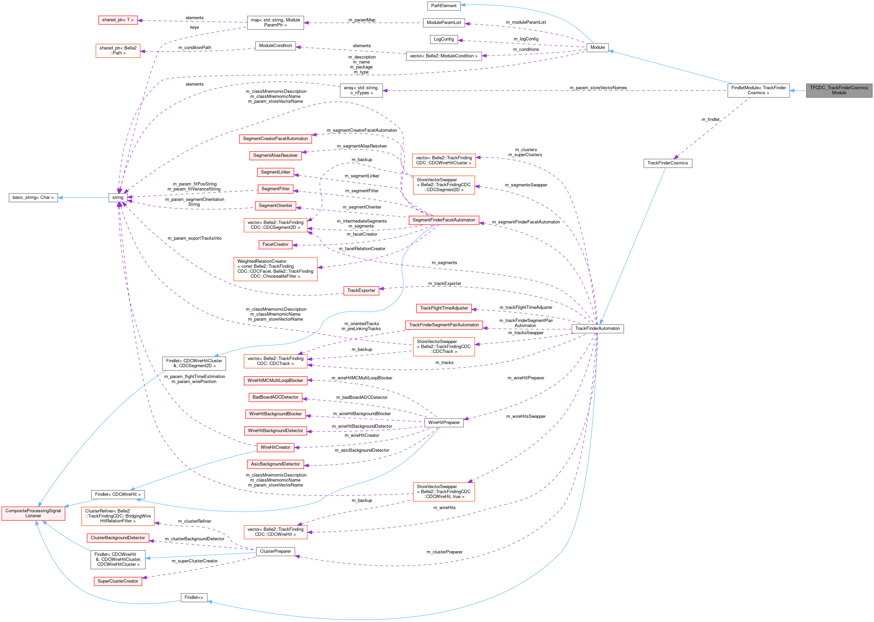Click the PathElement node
point(444,6)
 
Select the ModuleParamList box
point(444,23)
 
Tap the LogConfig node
point(444,39)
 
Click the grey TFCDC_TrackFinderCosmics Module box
point(839,91)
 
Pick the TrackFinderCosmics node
point(667,163)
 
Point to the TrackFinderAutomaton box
point(597,328)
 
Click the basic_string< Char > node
point(33,198)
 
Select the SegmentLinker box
point(276,172)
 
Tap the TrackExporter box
point(361,291)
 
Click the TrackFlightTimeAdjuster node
point(444,308)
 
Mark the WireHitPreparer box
point(444,423)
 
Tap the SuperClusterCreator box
point(118,581)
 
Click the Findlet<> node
point(194,598)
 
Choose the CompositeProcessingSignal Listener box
point(33,514)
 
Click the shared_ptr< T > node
point(118,20)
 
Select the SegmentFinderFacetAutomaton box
point(444,220)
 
